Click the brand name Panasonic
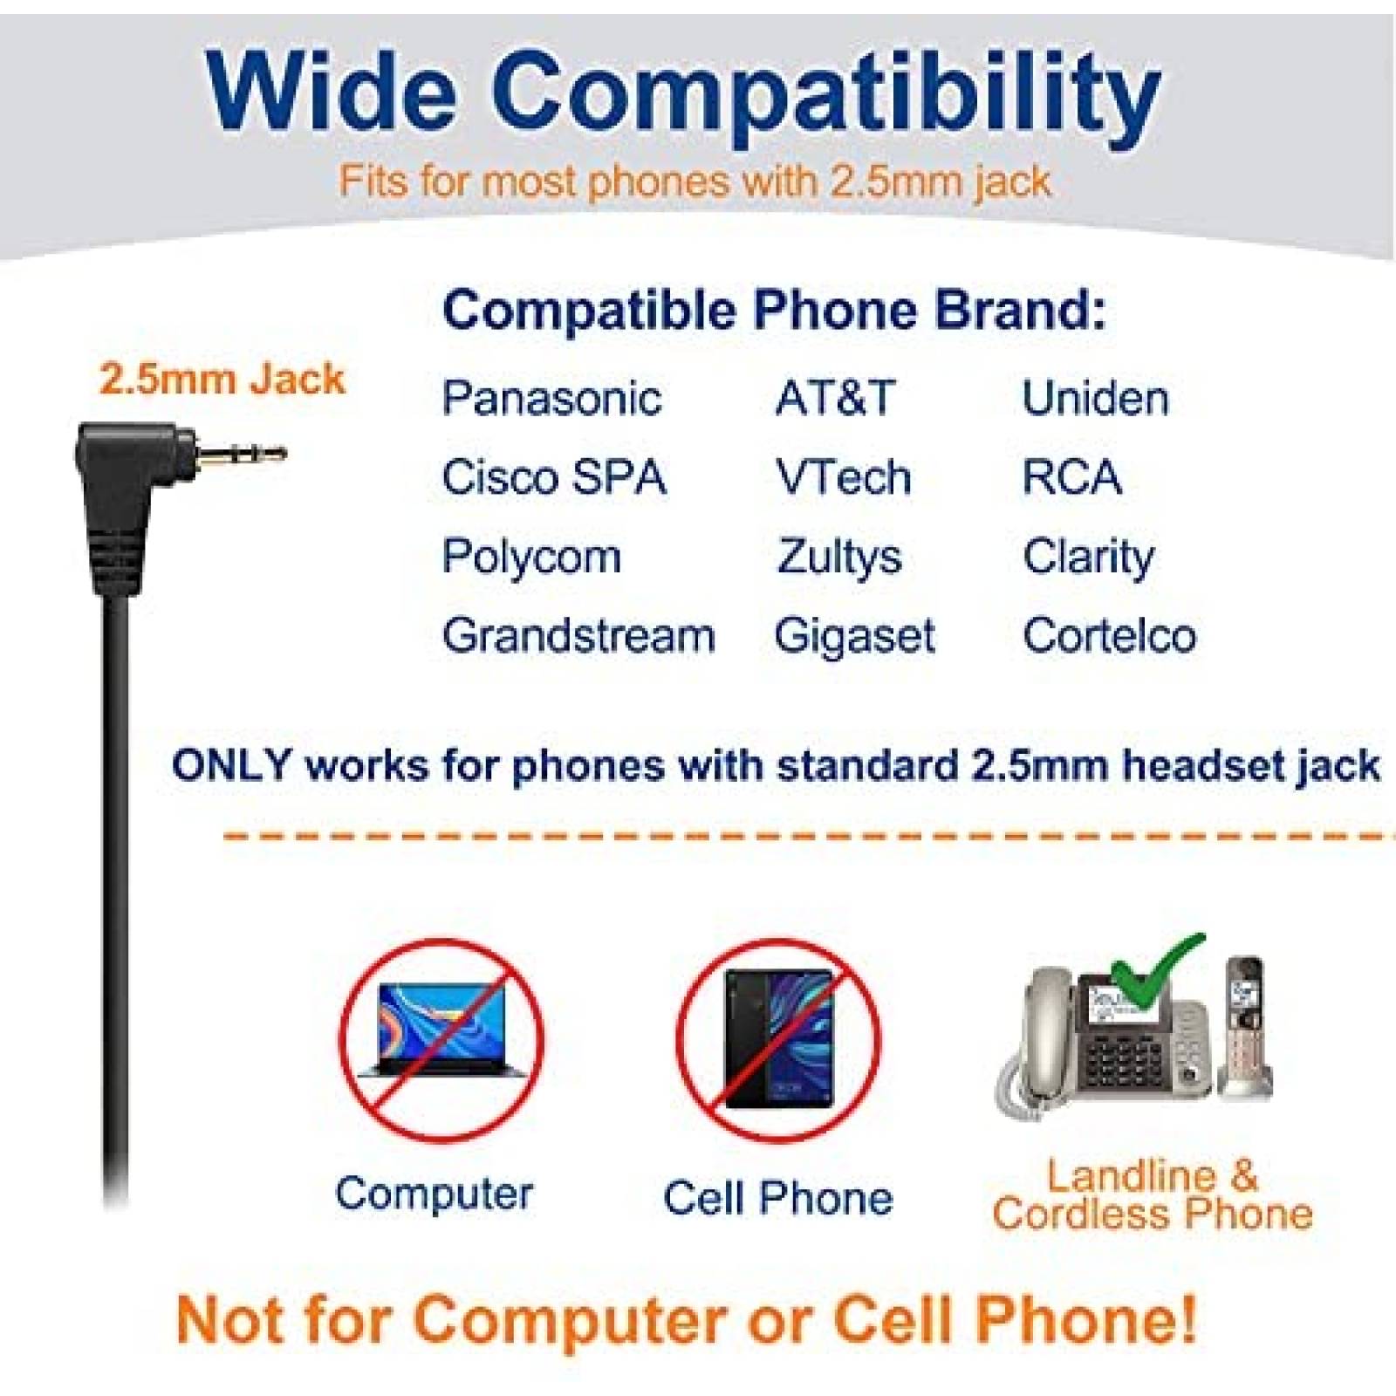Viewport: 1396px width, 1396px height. coord(551,398)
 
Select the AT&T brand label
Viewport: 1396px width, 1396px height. coord(835,398)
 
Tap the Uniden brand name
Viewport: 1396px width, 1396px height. coord(1095,398)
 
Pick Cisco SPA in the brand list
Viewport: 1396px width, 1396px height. coord(554,477)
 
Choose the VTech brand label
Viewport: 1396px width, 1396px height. coord(844,477)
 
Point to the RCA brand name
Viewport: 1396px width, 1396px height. coord(1072,477)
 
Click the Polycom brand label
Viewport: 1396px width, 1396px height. coord(531,558)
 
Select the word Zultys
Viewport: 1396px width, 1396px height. coord(838,558)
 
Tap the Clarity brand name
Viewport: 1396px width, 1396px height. coord(1088,558)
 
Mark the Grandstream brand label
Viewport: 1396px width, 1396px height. coord(578,636)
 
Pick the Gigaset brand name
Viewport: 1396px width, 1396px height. coord(855,636)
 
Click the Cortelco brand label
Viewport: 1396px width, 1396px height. coord(1109,636)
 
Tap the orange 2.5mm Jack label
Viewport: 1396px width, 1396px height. coord(222,379)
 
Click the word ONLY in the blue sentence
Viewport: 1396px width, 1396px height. coord(231,766)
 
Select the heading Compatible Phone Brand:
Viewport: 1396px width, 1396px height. coord(774,311)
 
